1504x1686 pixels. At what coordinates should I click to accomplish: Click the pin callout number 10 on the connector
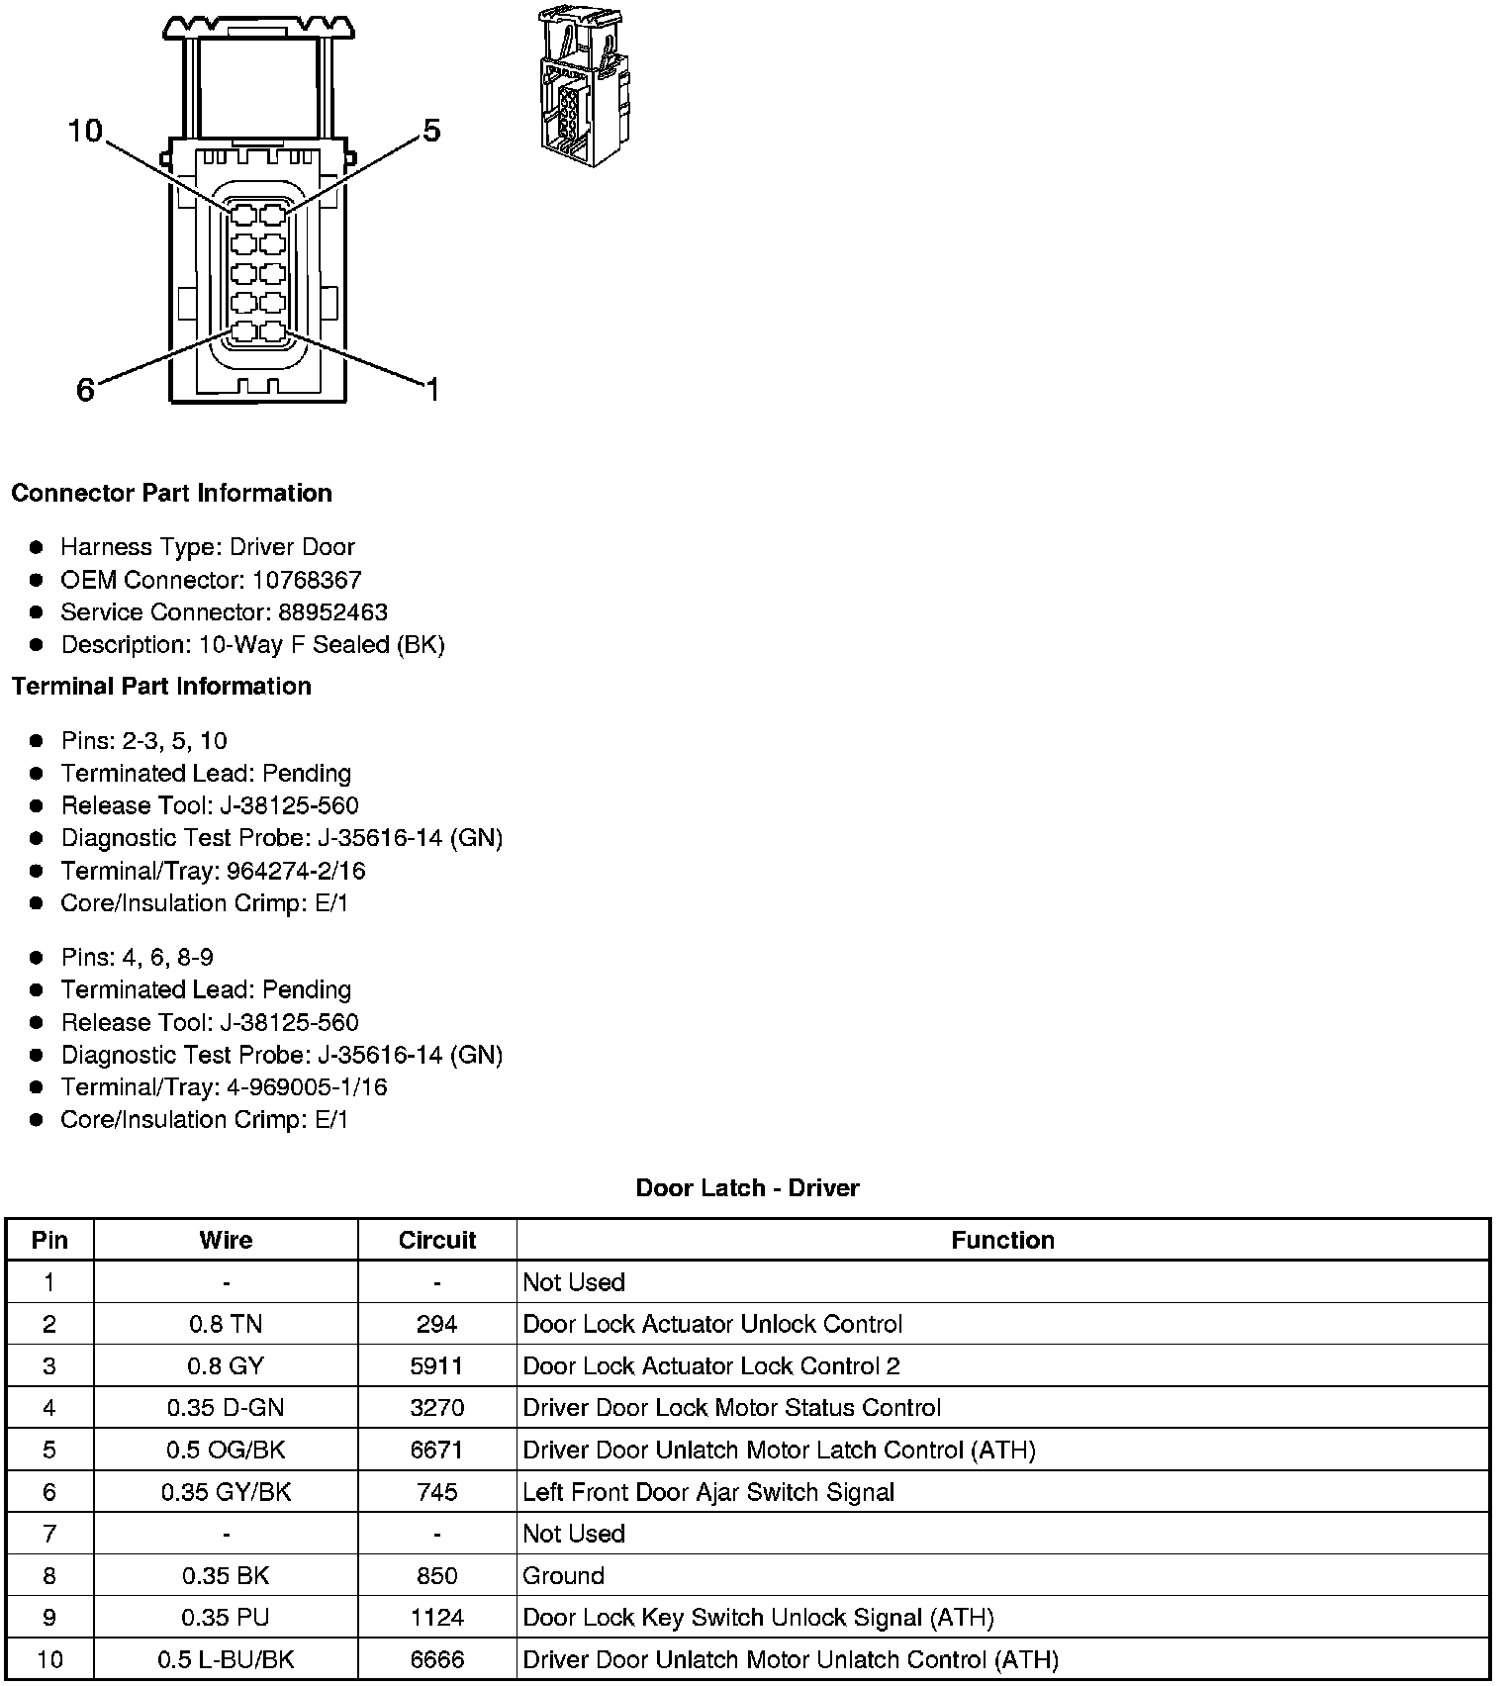tap(85, 131)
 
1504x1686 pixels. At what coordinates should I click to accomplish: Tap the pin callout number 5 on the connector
tap(431, 131)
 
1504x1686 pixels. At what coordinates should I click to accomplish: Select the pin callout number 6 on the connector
tap(86, 390)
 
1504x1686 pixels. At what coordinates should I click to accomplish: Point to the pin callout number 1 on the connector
tap(431, 390)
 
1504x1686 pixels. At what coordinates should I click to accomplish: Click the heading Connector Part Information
tap(171, 493)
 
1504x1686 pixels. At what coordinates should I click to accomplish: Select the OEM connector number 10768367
tap(307, 580)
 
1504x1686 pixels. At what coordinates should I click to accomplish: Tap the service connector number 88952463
tap(332, 612)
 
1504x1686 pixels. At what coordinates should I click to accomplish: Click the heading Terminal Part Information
tap(161, 686)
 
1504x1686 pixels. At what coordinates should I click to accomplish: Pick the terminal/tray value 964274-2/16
tap(296, 871)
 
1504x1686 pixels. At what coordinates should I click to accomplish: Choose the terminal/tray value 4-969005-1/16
tap(307, 1087)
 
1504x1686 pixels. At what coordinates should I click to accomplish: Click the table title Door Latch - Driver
tap(747, 1187)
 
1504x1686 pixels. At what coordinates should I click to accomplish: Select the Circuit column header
tap(437, 1240)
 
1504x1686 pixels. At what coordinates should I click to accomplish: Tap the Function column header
tap(1002, 1240)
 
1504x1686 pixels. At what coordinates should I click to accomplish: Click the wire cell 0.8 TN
tap(226, 1324)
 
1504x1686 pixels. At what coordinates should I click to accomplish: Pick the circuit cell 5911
tap(437, 1366)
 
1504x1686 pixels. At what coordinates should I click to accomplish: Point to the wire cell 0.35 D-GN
tap(226, 1408)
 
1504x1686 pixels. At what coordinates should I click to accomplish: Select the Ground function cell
tap(563, 1575)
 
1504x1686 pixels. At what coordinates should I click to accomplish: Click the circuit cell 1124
tap(437, 1618)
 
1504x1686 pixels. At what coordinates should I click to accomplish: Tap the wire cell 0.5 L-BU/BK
tap(226, 1659)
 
